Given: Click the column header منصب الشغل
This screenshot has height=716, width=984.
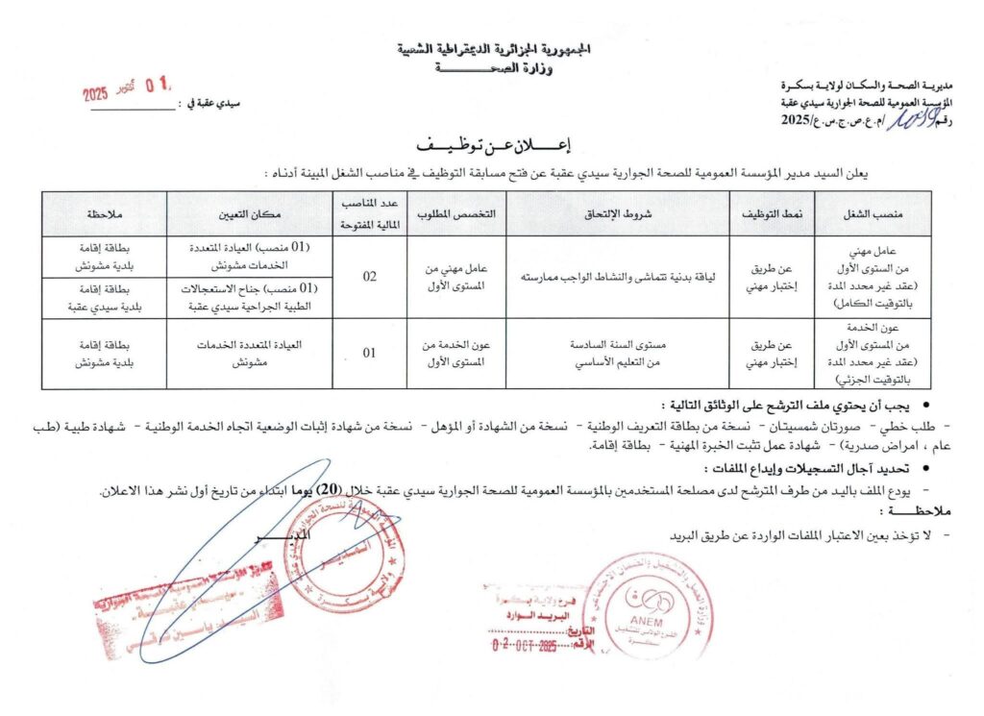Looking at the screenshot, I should [873, 213].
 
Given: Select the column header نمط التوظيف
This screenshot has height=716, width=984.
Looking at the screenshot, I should [772, 213].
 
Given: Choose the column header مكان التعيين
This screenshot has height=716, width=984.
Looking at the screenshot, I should [251, 213].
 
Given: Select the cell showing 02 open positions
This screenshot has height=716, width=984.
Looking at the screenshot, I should [370, 277].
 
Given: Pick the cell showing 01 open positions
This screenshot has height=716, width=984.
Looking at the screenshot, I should [370, 353].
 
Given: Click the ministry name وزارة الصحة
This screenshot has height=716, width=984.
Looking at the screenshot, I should [492, 67].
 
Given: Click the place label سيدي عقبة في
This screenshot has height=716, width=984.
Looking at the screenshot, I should [209, 102].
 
